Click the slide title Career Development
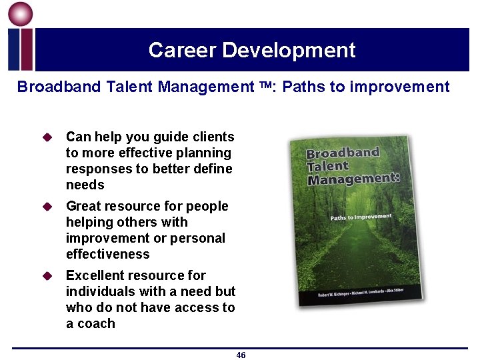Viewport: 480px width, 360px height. click(x=252, y=50)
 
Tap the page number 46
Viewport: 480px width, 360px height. click(x=241, y=355)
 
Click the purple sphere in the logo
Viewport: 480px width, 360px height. click(x=21, y=15)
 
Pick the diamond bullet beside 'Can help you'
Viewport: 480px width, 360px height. click(x=47, y=137)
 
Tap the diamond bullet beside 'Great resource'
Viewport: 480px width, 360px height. click(x=47, y=207)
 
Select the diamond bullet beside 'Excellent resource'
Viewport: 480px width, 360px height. click(x=47, y=276)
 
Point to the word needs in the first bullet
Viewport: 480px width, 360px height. click(x=85, y=185)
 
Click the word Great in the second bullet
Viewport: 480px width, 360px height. click(x=83, y=206)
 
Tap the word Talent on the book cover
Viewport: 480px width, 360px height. click(x=328, y=166)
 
